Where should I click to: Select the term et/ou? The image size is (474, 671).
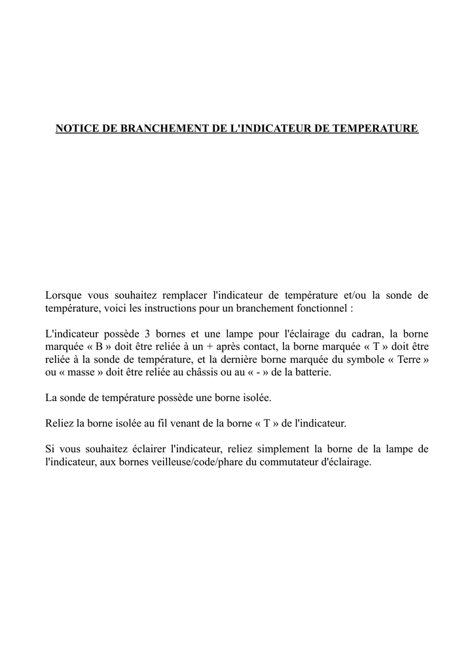tap(357, 295)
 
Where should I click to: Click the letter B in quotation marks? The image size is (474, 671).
tap(100, 346)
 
